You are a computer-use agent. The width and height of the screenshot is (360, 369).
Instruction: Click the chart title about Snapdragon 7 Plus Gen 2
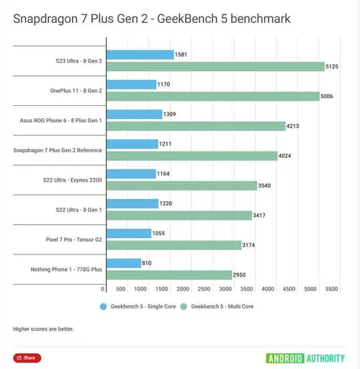click(x=152, y=18)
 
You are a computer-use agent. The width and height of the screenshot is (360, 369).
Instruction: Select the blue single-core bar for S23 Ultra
click(x=139, y=55)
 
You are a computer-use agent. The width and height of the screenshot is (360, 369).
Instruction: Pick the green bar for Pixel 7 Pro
click(x=173, y=245)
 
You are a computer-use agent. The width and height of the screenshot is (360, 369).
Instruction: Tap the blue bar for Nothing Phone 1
click(x=122, y=263)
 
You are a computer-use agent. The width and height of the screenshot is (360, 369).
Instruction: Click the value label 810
click(x=148, y=263)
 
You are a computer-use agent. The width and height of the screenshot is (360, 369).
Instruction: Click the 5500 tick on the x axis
click(x=331, y=289)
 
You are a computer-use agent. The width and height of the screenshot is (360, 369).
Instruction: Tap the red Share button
click(x=27, y=357)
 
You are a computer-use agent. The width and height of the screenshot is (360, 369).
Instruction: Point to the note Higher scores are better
click(x=43, y=329)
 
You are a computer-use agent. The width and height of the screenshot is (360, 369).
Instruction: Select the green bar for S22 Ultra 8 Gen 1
click(x=178, y=215)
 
